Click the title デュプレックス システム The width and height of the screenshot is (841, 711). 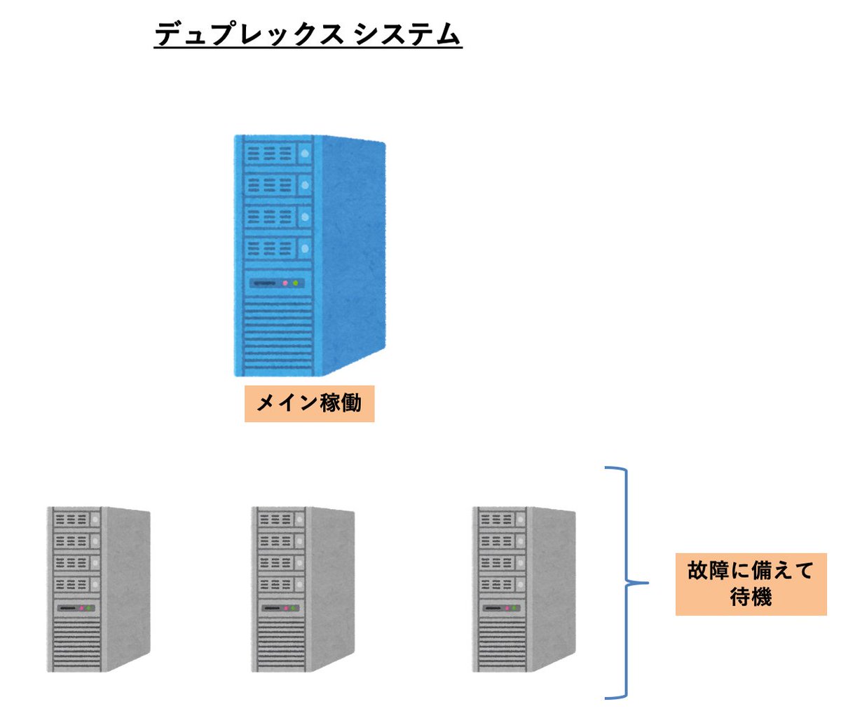tap(308, 34)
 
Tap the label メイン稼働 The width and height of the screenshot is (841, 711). tap(309, 403)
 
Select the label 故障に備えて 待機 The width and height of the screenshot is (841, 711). tap(751, 583)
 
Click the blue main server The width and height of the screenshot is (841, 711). tap(309, 256)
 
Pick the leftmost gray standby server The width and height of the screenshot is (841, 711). tap(99, 589)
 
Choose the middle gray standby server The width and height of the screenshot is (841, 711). tap(303, 589)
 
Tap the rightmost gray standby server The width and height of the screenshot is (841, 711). tap(524, 589)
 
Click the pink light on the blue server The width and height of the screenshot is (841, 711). tap(285, 283)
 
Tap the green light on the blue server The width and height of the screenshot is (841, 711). tap(296, 283)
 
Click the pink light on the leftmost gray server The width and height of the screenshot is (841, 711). tap(81, 608)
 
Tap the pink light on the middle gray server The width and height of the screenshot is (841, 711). tap(285, 608)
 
